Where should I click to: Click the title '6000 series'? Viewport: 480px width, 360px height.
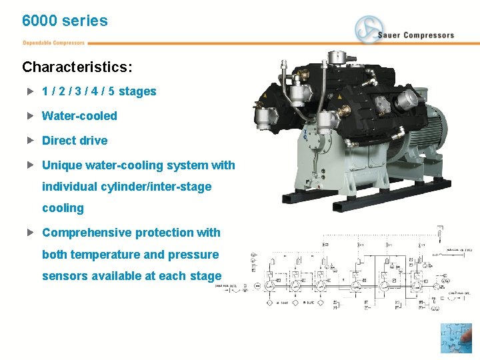pyautogui.click(x=65, y=21)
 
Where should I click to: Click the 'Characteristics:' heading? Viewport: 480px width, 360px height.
pyautogui.click(x=77, y=67)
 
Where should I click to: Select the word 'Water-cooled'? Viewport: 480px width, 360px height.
pyautogui.click(x=79, y=116)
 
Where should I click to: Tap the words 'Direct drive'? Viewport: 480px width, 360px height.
pyautogui.click(x=75, y=141)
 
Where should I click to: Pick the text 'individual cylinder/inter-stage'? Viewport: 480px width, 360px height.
pyautogui.click(x=127, y=187)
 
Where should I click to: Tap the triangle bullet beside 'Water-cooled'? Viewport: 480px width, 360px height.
pyautogui.click(x=30, y=116)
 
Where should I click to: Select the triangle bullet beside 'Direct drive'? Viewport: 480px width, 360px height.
pyautogui.click(x=30, y=141)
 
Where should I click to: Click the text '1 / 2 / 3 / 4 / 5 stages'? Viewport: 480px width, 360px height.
pyautogui.click(x=99, y=91)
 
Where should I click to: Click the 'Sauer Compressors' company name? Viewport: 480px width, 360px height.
pyautogui.click(x=416, y=35)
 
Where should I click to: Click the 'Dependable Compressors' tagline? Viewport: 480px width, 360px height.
pyautogui.click(x=54, y=43)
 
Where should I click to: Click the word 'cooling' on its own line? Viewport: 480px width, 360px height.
pyautogui.click(x=63, y=208)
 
